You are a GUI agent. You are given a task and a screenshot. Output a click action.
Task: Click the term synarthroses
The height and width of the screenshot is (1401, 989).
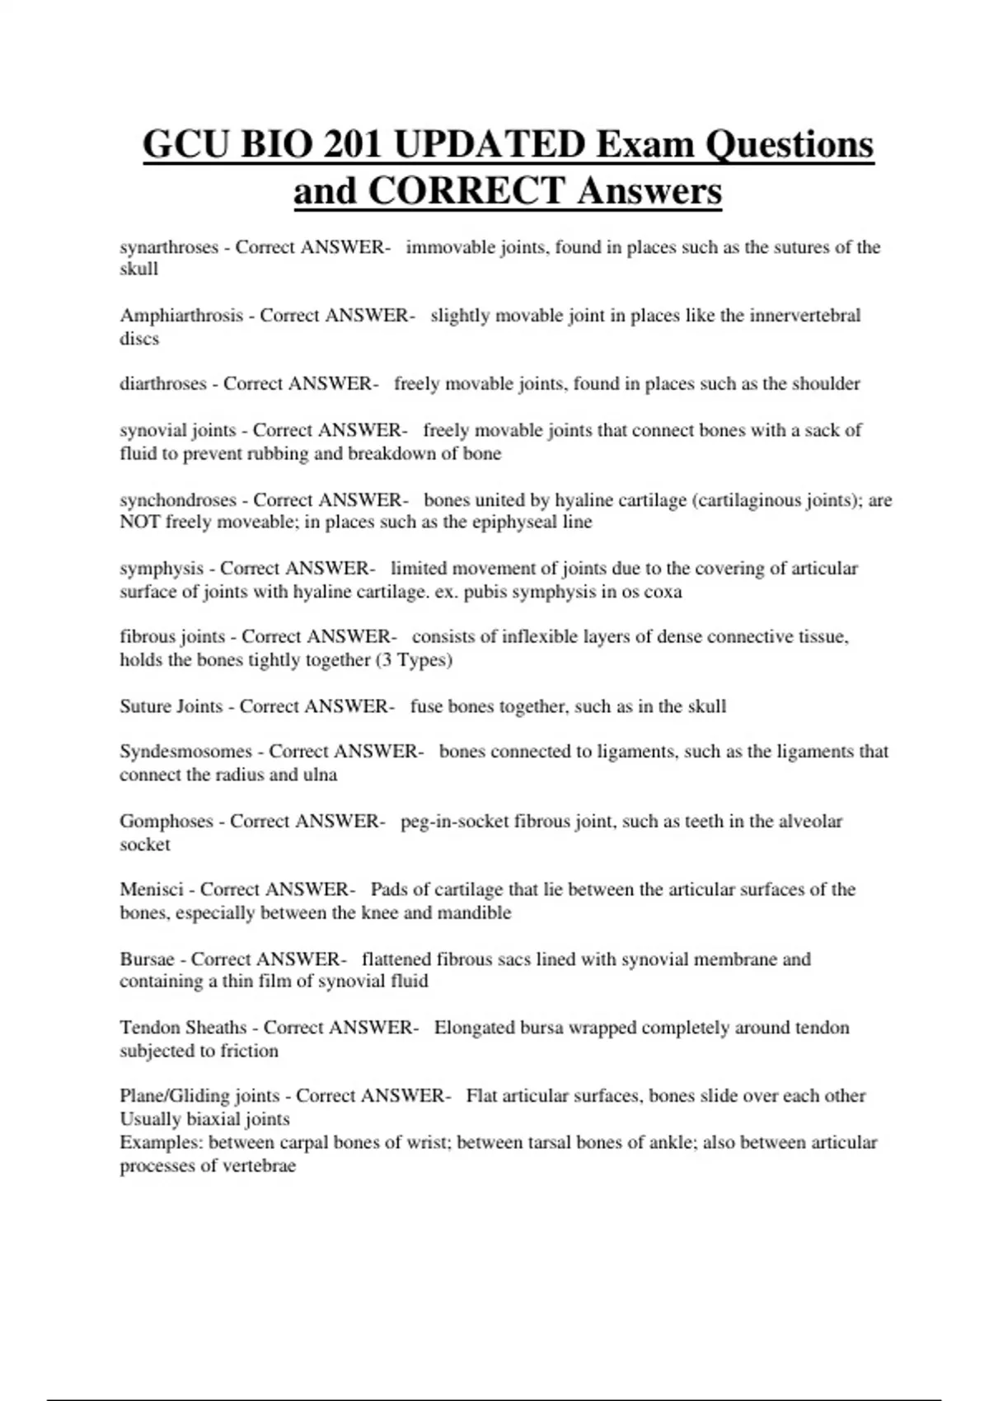169,247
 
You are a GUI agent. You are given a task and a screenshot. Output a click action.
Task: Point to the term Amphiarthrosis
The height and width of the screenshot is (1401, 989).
181,316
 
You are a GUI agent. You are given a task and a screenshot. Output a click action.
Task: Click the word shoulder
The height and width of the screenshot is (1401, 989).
826,384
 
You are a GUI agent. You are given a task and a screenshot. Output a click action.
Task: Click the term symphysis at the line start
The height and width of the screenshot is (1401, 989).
162,569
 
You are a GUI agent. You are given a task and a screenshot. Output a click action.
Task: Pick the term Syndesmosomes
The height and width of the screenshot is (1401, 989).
185,752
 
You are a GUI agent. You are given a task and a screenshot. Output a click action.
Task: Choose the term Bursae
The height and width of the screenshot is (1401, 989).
148,959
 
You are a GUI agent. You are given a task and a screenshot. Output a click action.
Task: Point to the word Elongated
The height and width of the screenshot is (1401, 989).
475,1028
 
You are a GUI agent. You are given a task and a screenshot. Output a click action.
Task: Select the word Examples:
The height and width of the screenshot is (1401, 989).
162,1143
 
